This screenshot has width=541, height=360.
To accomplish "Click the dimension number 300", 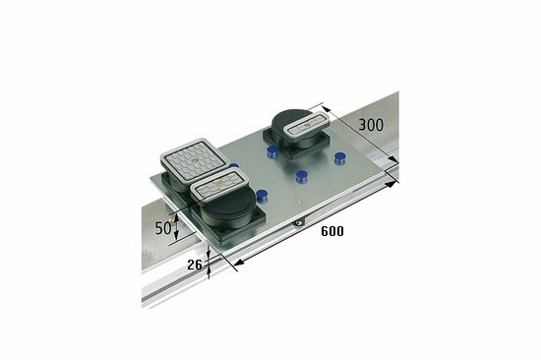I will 370,126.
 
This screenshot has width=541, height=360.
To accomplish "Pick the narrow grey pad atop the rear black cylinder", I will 308,125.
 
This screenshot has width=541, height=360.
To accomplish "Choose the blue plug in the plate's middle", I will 303,178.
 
